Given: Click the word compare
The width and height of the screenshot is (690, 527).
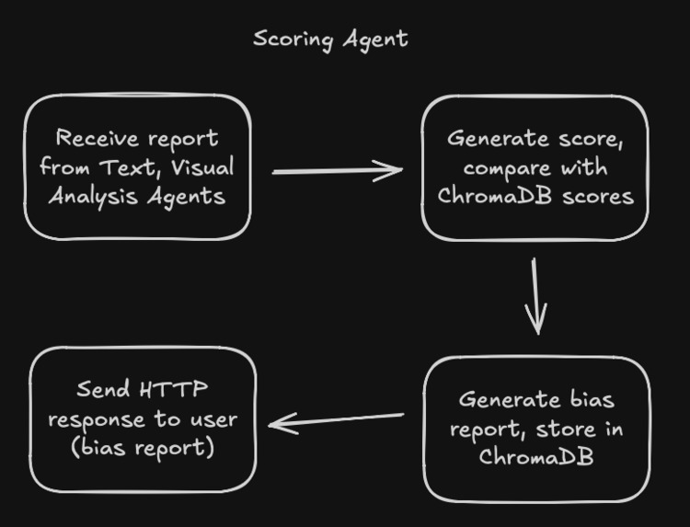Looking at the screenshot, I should pos(502,168).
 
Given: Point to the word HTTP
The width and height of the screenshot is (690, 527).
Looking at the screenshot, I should pos(174,389).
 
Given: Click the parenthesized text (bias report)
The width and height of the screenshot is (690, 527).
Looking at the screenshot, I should pos(143,448).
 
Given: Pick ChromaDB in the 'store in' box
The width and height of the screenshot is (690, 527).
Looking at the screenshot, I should pos(536,457).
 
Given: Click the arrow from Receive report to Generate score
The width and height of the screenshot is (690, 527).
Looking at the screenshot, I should pos(338,170).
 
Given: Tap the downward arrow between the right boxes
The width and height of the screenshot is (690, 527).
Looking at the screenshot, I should pos(536,296).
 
